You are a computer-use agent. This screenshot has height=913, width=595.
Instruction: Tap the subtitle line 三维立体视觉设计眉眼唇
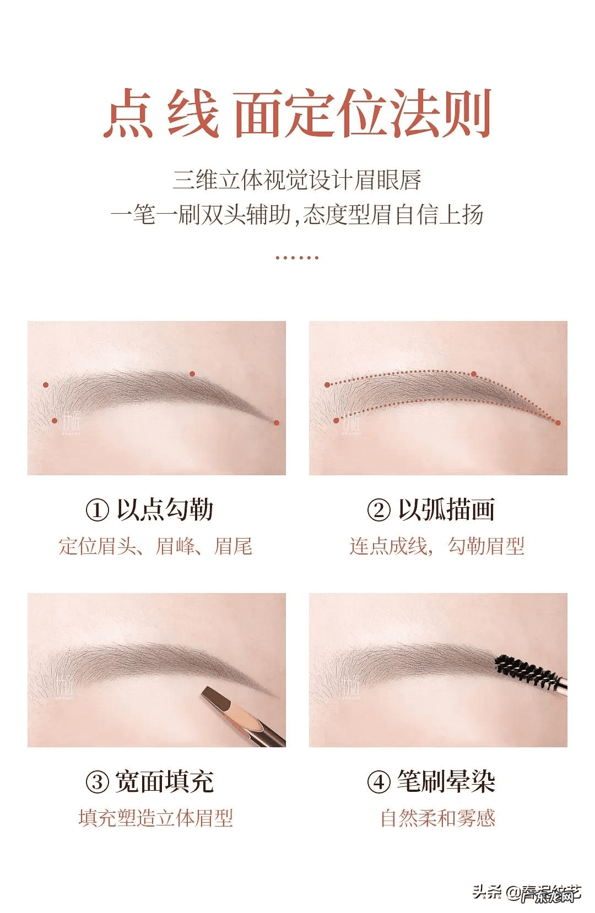point(297,180)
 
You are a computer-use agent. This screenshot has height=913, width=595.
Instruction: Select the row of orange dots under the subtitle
point(297,257)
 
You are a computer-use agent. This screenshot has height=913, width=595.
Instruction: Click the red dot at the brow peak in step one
point(192,374)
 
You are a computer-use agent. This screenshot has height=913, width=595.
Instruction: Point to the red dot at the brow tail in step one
point(277,423)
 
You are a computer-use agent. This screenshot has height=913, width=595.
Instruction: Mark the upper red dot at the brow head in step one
point(46,385)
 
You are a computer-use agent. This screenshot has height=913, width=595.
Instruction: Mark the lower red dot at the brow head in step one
point(55,421)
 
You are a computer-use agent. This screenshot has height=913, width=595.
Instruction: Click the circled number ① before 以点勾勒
point(97,510)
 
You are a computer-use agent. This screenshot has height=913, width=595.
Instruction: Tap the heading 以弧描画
point(446,510)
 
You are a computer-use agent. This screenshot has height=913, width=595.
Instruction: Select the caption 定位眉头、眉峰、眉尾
point(156,546)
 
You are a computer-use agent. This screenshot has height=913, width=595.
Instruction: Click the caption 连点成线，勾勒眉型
point(437,546)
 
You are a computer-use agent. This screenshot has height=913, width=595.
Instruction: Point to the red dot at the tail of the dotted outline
point(558,423)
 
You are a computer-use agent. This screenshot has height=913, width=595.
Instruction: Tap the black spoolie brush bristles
point(524,671)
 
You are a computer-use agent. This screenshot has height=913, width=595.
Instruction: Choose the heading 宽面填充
point(164,782)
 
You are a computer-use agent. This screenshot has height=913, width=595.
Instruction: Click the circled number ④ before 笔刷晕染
point(378,782)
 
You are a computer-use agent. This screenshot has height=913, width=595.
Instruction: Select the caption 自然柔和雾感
point(437,818)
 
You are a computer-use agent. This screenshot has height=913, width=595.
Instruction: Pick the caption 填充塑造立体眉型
point(156,818)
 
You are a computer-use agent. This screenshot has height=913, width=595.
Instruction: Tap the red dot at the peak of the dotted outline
point(474,374)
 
